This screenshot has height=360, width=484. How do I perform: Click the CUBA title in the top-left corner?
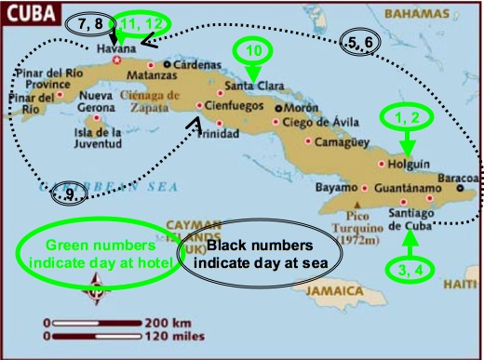click(26, 11)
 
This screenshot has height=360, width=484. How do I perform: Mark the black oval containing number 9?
click(69, 193)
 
